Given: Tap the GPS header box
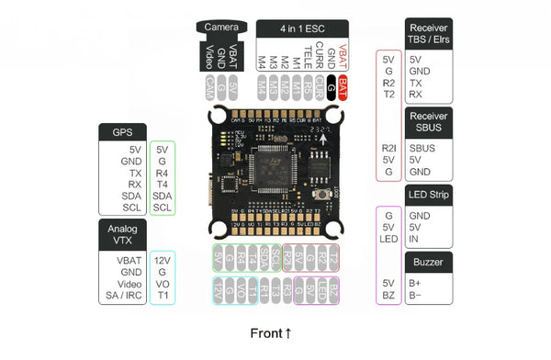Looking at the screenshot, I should click(x=123, y=132).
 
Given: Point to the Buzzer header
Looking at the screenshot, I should click(x=429, y=263).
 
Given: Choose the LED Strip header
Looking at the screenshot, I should click(x=429, y=196).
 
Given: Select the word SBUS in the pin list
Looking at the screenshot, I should click(x=422, y=147).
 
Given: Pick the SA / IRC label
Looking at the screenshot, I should click(x=124, y=297).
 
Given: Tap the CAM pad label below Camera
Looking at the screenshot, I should click(x=210, y=87).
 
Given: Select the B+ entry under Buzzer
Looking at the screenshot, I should click(x=415, y=283).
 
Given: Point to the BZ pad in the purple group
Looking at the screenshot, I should click(x=333, y=289).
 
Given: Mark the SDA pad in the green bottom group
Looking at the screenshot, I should click(x=264, y=254).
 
